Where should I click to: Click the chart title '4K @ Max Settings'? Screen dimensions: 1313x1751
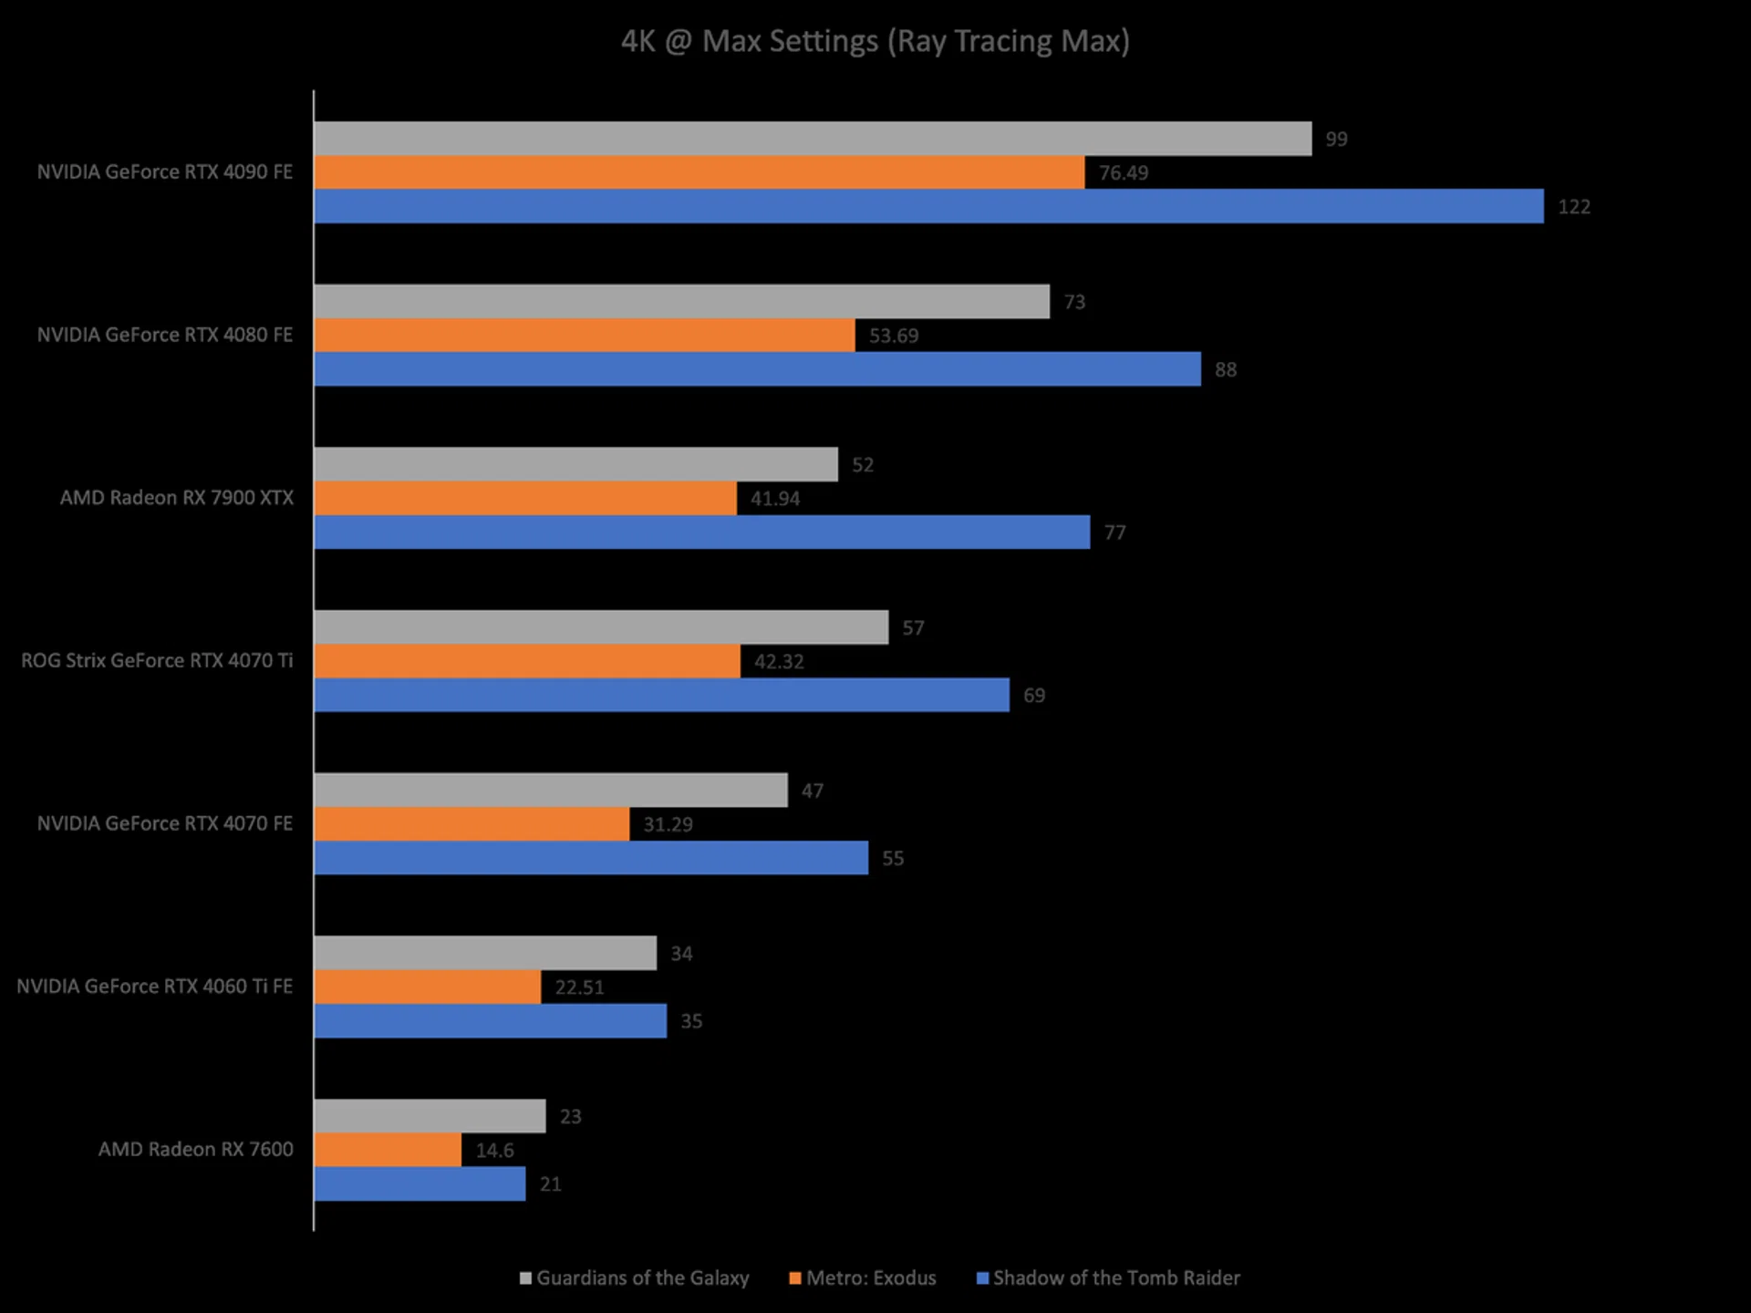click(x=875, y=42)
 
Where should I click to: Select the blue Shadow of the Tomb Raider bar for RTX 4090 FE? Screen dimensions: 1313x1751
click(x=928, y=206)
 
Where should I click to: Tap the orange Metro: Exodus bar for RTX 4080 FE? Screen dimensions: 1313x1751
click(x=585, y=336)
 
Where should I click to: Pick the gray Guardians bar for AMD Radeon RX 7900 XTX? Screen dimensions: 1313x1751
click(x=575, y=464)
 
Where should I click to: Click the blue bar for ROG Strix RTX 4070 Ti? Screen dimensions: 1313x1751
click(x=661, y=695)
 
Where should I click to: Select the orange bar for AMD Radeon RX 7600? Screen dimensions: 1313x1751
click(x=388, y=1150)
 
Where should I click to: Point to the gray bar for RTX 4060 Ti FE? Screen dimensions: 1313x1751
click(x=485, y=953)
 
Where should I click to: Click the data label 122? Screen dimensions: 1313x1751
click(x=1573, y=207)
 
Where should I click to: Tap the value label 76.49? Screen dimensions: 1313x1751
click(x=1123, y=173)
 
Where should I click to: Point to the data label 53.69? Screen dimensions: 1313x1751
click(x=893, y=336)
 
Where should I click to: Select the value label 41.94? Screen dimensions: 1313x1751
click(x=774, y=499)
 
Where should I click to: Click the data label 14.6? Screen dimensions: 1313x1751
click(x=494, y=1151)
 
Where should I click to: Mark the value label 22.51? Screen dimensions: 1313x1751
click(x=579, y=987)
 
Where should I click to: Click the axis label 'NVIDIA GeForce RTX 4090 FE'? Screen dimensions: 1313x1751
click(x=165, y=172)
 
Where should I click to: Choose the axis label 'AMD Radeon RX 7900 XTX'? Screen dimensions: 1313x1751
click(x=177, y=498)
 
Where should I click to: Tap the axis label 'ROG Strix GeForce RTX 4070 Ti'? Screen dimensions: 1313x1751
click(x=157, y=660)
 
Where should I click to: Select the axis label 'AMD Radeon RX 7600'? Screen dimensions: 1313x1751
click(x=196, y=1149)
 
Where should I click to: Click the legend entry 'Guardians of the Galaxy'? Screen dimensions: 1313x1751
click(x=642, y=1278)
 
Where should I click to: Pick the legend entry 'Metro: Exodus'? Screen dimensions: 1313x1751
click(x=871, y=1278)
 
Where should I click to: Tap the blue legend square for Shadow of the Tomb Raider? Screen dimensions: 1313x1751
click(x=982, y=1278)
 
